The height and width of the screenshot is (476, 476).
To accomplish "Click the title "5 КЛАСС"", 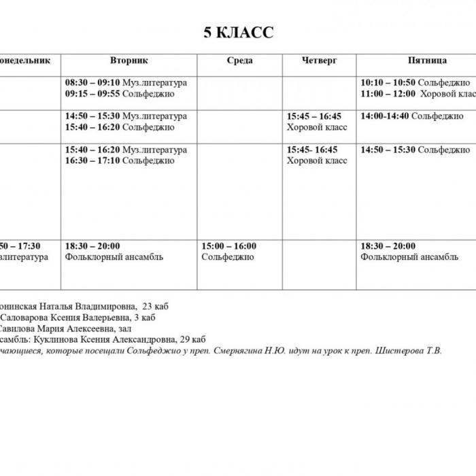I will pyautogui.click(x=239, y=33).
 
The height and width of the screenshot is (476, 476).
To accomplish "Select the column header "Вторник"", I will pyautogui.click(x=129, y=61).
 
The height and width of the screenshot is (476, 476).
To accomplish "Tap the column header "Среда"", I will pyautogui.click(x=239, y=61).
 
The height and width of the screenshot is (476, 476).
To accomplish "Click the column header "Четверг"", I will pyautogui.click(x=319, y=61).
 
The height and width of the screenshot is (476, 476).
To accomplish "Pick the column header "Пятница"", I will pyautogui.click(x=427, y=61).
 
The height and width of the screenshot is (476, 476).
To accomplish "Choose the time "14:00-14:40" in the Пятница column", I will pyautogui.click(x=384, y=116).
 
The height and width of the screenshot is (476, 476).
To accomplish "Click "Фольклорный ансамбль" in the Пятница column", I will pyautogui.click(x=409, y=257).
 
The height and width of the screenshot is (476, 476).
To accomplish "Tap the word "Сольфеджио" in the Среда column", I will pyautogui.click(x=227, y=257).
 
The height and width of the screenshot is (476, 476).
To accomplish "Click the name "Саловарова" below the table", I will pyautogui.click(x=25, y=317).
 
